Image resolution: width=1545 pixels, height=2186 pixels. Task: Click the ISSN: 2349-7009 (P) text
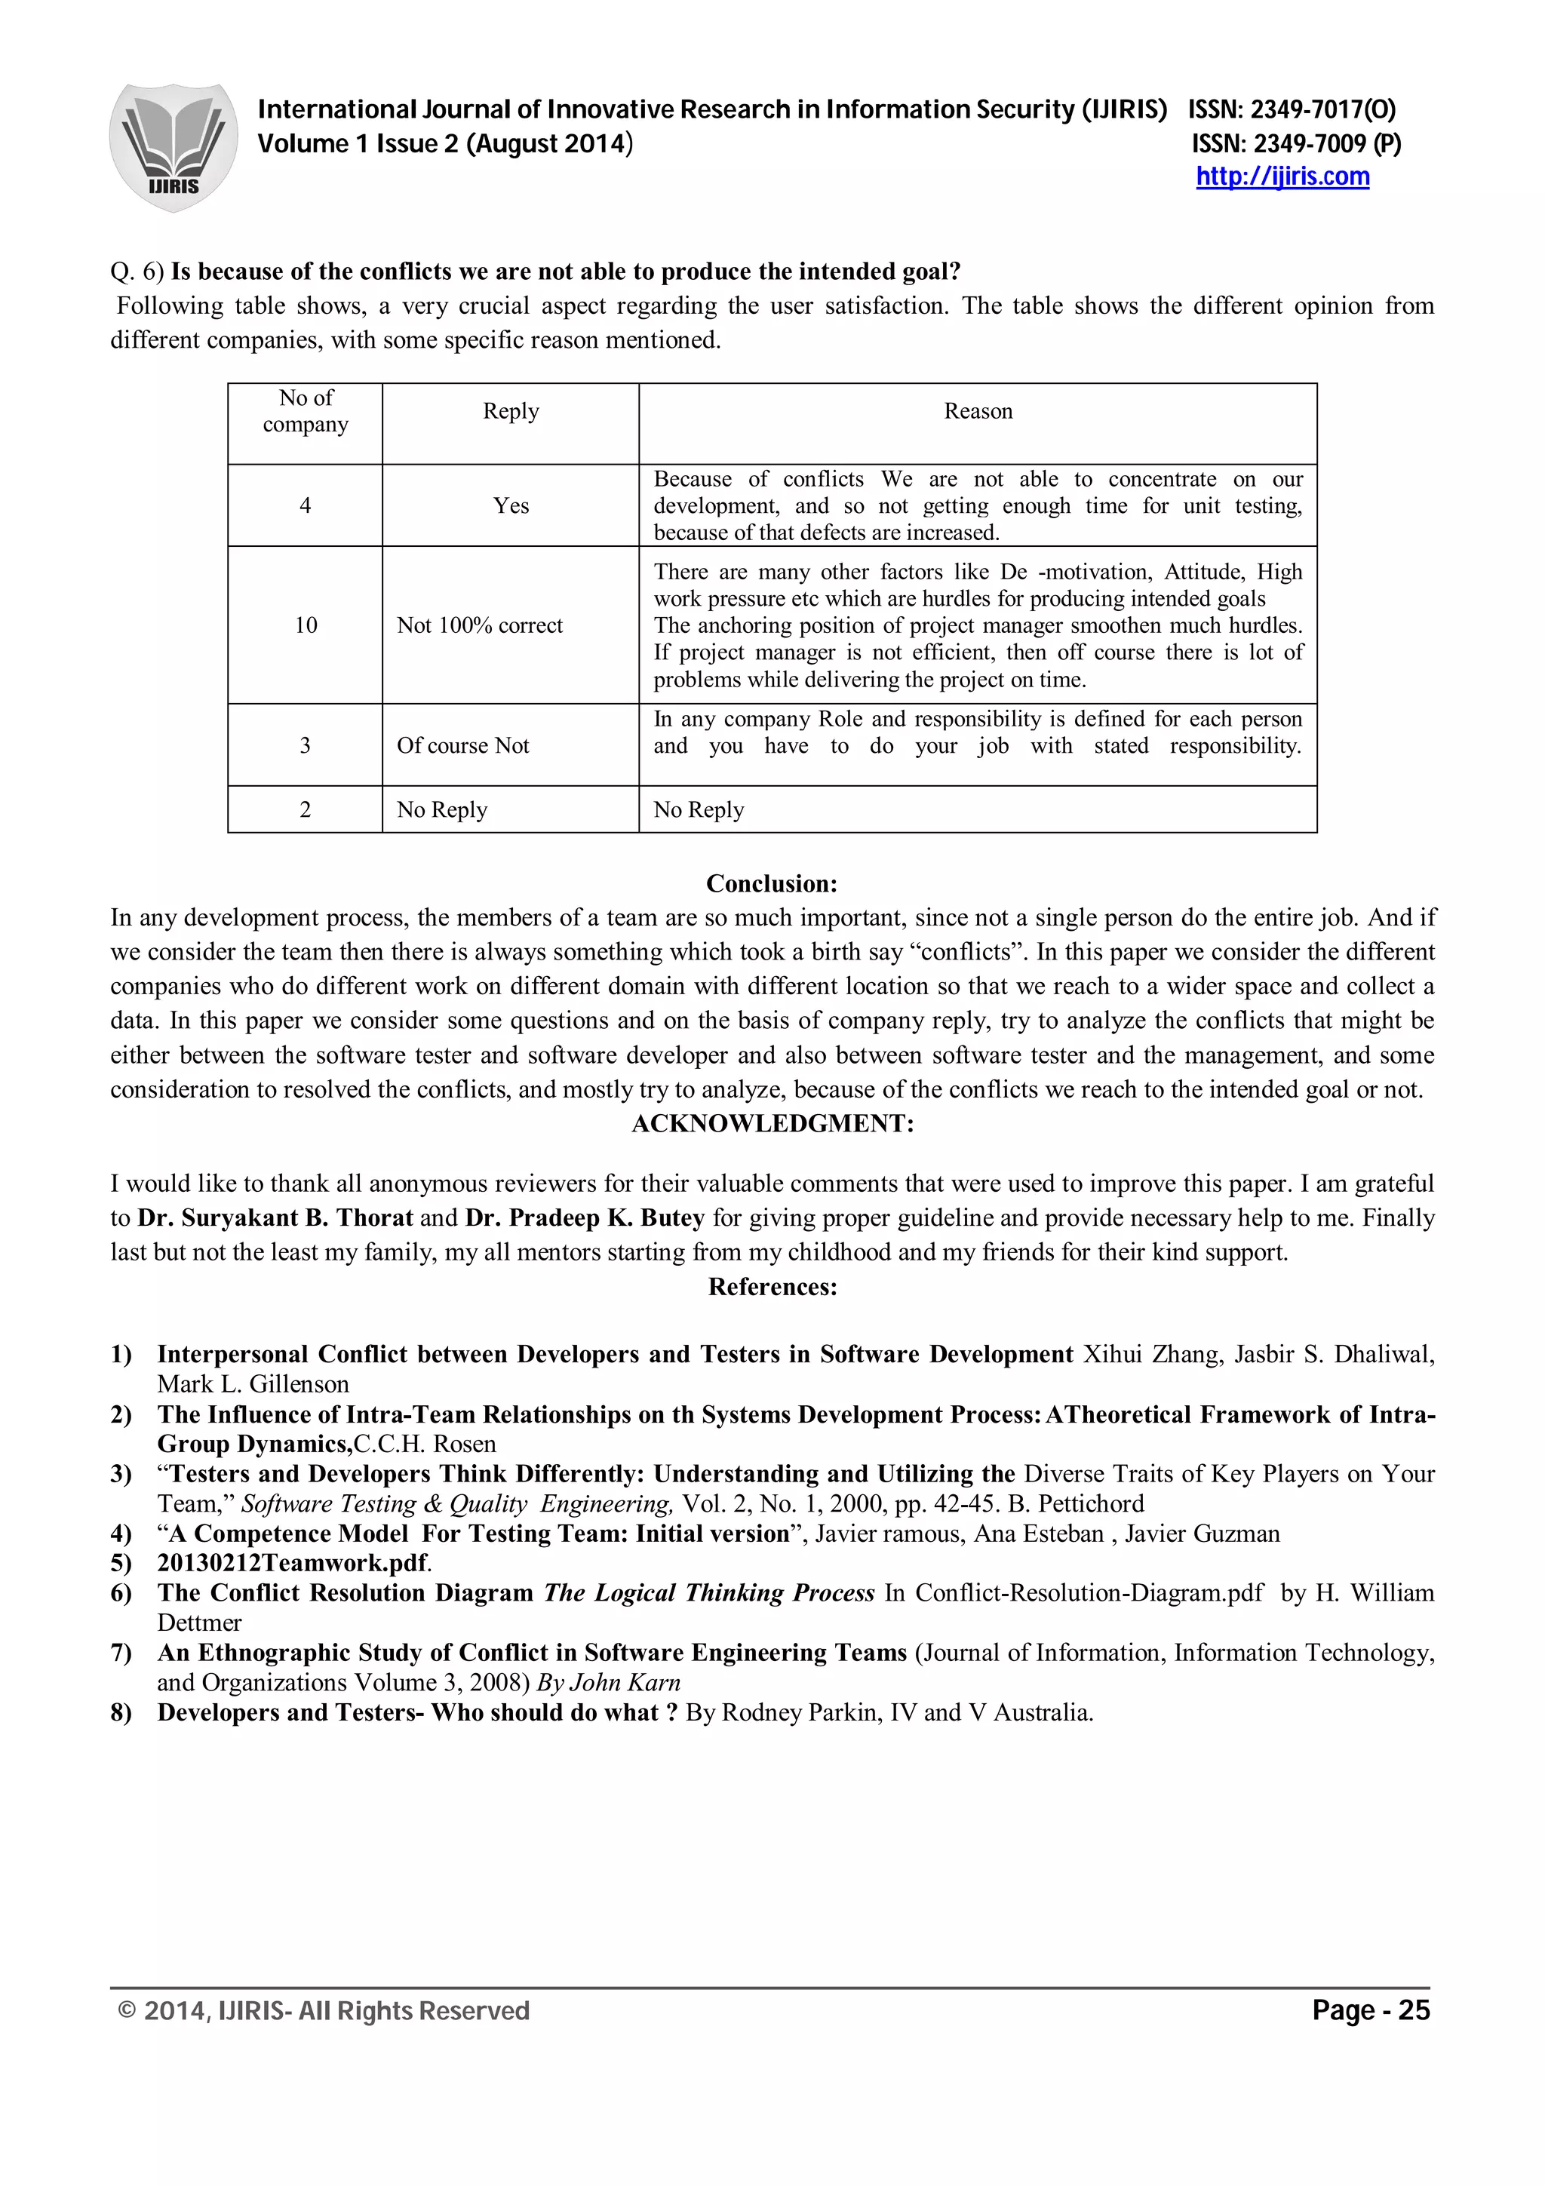(1295, 144)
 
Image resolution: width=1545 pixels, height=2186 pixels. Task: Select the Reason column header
(978, 411)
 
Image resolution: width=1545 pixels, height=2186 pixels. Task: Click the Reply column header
(510, 411)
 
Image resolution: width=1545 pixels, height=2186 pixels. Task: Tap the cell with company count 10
(306, 625)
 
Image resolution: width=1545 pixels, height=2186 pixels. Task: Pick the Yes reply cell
(510, 505)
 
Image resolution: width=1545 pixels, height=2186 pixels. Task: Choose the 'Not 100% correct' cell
(480, 625)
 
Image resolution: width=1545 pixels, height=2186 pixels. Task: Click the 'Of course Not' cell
(462, 745)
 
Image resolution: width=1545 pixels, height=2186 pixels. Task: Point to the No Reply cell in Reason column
(699, 810)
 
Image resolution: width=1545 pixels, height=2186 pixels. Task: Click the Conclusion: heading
(771, 883)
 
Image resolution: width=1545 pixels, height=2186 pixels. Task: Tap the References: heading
(772, 1287)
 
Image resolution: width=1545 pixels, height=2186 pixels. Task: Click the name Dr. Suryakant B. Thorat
(275, 1217)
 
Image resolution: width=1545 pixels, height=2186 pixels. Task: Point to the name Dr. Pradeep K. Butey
(585, 1217)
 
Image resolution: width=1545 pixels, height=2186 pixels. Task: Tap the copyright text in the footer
(323, 2011)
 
